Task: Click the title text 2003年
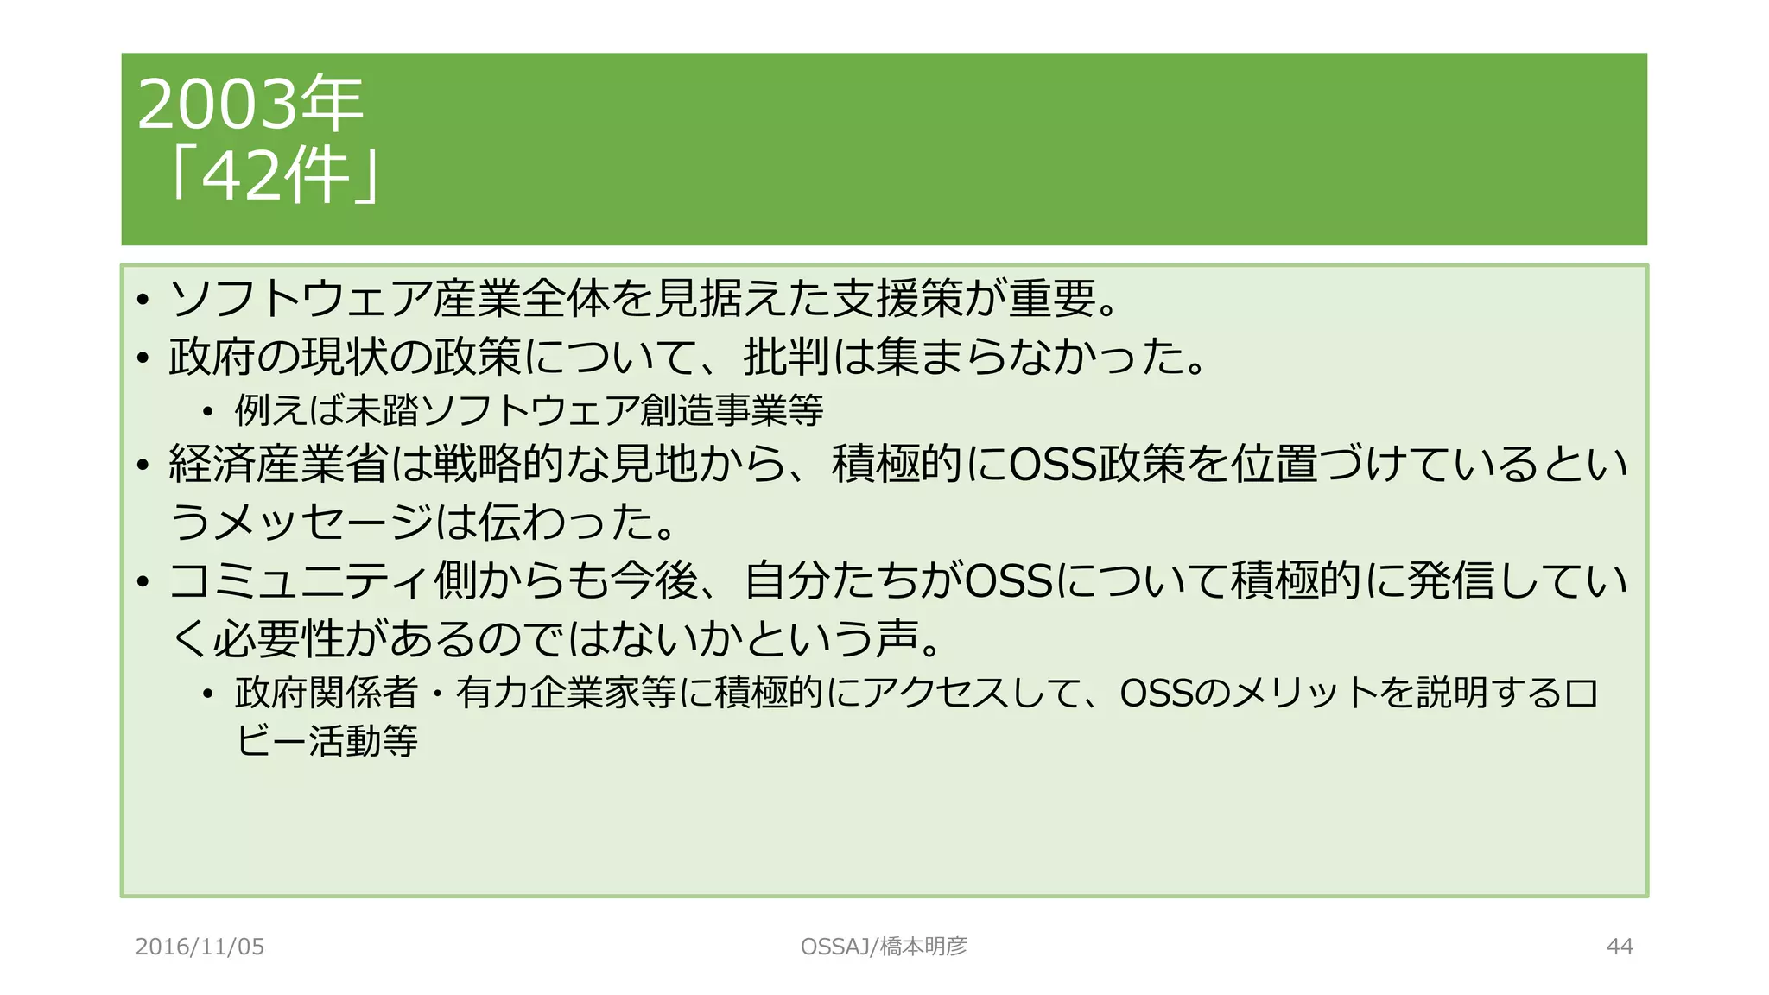250,105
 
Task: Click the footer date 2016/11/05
200,947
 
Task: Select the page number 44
1620,947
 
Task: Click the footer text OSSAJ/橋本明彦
884,947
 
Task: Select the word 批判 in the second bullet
787,357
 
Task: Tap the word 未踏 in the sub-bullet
380,409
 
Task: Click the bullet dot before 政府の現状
143,358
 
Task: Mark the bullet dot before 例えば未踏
207,411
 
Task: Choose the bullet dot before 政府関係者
207,694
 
